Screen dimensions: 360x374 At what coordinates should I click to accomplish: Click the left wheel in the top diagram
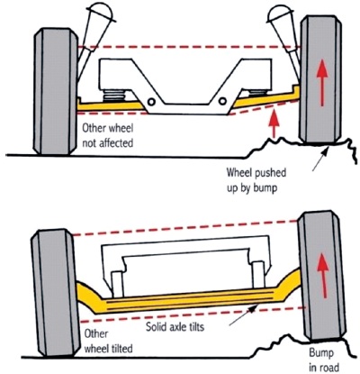[57, 92]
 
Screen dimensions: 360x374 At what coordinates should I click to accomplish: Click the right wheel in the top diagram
[321, 79]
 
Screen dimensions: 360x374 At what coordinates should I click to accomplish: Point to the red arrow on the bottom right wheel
[323, 275]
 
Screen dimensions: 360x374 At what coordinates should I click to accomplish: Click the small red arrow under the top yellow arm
[274, 124]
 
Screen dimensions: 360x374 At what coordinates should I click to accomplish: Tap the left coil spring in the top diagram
[115, 95]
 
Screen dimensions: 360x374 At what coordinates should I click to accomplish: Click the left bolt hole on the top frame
[151, 102]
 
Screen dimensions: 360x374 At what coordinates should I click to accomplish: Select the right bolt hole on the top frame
[222, 101]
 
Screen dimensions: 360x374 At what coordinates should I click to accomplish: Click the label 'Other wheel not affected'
[108, 135]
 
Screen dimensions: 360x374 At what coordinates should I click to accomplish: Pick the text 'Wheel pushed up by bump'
[256, 180]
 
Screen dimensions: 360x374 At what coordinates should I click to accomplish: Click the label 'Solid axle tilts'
[175, 326]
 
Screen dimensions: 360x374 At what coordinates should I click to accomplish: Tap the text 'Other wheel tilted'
[108, 342]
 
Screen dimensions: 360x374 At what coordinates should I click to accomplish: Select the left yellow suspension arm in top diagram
[111, 105]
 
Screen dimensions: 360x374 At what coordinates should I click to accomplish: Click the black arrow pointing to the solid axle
[243, 315]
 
